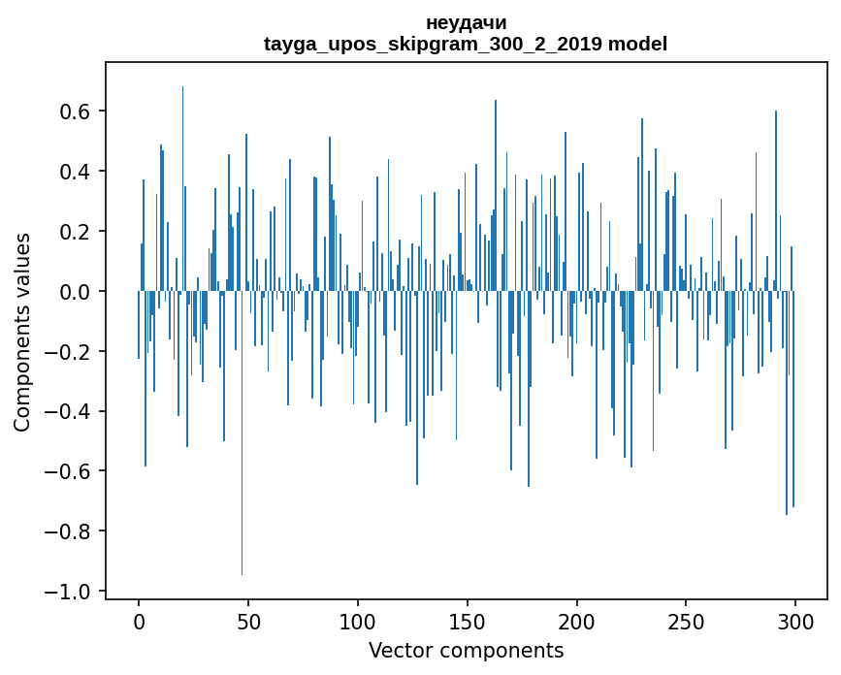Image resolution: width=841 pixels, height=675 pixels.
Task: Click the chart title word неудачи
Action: point(466,23)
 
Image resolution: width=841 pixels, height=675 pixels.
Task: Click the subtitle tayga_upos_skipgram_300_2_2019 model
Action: point(466,45)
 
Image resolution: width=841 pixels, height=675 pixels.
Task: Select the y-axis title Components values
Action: point(22,332)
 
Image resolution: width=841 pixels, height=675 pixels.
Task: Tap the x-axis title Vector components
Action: point(466,651)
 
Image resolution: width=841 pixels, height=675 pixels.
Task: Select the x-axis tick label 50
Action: point(248,622)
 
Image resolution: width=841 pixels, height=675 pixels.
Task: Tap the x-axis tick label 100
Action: point(358,622)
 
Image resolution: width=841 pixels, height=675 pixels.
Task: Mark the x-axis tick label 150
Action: point(468,622)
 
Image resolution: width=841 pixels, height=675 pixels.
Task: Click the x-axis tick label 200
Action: point(577,622)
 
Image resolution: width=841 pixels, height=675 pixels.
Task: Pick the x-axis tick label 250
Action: point(687,622)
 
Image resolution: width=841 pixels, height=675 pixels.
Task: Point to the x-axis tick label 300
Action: point(796,622)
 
